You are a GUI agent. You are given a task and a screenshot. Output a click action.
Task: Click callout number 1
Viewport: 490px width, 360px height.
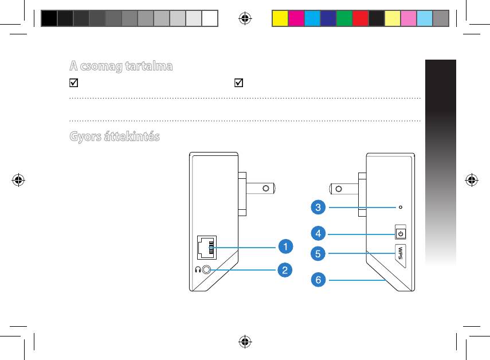(285, 246)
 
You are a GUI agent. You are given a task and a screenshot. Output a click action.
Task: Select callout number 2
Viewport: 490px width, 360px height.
(285, 270)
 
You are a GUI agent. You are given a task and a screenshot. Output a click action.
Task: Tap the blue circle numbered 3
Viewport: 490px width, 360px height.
(318, 207)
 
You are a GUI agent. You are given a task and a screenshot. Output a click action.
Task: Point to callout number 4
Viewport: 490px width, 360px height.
(318, 233)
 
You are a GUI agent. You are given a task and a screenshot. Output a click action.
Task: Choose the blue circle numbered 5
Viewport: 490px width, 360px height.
(318, 253)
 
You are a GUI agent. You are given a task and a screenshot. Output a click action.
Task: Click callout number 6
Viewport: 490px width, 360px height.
(318, 279)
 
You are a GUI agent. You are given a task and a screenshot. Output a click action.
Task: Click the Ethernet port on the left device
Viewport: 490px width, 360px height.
(207, 248)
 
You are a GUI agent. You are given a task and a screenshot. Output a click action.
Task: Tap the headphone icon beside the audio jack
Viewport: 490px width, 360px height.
(198, 269)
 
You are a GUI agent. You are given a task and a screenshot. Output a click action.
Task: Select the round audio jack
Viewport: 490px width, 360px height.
(206, 269)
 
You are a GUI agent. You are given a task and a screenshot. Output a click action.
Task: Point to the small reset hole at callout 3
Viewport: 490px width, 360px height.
(401, 207)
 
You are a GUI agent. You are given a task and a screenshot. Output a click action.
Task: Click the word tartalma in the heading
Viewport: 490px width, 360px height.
(149, 66)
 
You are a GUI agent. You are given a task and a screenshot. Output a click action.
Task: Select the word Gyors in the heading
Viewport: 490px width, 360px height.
(85, 137)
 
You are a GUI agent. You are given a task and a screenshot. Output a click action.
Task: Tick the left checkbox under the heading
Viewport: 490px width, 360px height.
(74, 83)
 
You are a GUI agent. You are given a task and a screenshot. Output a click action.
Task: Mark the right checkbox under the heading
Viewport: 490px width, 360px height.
(239, 83)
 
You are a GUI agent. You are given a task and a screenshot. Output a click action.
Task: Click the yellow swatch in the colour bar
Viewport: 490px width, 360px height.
(280, 18)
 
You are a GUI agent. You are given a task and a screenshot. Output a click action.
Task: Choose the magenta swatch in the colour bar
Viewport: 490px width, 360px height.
(296, 18)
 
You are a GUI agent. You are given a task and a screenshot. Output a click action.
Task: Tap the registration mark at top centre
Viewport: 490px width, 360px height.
(245, 18)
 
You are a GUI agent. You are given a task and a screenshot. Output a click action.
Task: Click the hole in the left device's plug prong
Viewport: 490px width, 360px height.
(266, 189)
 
